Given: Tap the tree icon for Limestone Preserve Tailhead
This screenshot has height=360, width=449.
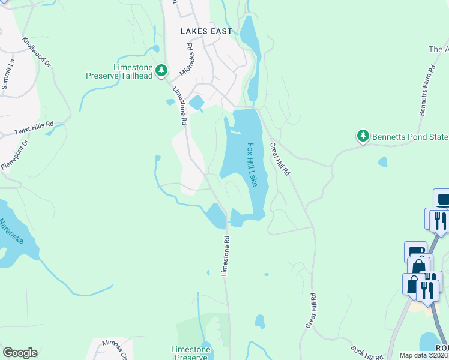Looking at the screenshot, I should [x=161, y=71].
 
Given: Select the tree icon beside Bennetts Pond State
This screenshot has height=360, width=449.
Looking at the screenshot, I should [x=363, y=137].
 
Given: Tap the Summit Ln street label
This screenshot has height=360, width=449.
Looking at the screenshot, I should [x=7, y=74].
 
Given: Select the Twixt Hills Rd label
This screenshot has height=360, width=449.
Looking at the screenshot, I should [x=34, y=128].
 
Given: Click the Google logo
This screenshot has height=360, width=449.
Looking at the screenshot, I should [x=19, y=352].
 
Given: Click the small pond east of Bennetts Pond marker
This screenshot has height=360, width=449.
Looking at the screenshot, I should [x=382, y=162].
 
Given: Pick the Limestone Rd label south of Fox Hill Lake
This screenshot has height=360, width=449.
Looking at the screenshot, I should [x=226, y=255].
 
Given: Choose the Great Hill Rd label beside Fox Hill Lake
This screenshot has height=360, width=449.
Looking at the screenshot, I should [x=280, y=158].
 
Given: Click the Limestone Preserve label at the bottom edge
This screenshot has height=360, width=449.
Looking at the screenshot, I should [x=191, y=353].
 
